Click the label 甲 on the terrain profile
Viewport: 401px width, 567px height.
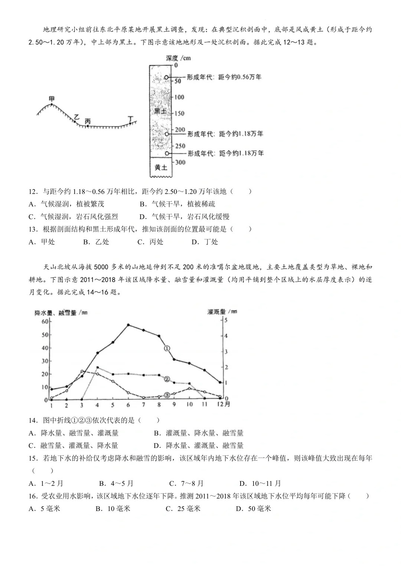pos(52,99)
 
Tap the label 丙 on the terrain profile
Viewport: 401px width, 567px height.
pos(88,121)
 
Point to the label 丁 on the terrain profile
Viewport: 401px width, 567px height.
pos(130,118)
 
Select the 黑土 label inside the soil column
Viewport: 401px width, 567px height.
pos(160,111)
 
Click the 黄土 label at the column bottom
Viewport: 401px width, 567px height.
pos(160,167)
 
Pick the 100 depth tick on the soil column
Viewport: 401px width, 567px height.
pos(179,97)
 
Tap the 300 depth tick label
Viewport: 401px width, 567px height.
pos(180,162)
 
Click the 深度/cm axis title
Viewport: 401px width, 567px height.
pos(179,58)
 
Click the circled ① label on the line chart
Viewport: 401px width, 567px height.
pos(167,348)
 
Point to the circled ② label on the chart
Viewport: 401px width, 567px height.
pos(167,379)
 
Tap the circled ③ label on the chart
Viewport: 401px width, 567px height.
pos(167,395)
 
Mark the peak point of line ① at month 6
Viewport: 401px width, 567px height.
pos(128,325)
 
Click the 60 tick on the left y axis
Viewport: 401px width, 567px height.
pos(45,322)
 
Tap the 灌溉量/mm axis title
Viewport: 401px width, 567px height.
pos(222,311)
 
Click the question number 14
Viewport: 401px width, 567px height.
pos(33,420)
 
